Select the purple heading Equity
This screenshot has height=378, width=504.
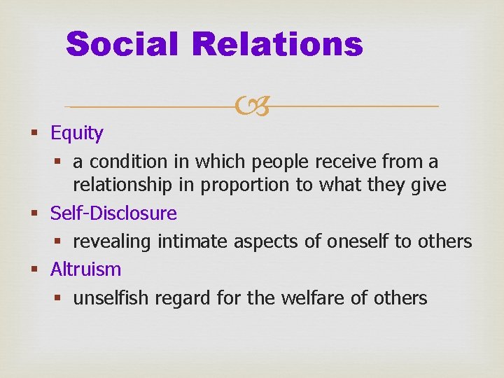77,133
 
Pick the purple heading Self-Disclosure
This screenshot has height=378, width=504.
113,213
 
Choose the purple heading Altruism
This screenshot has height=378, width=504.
85,269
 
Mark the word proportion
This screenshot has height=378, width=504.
235,185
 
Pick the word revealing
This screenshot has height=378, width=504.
113,241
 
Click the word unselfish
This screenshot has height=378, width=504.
111,298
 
